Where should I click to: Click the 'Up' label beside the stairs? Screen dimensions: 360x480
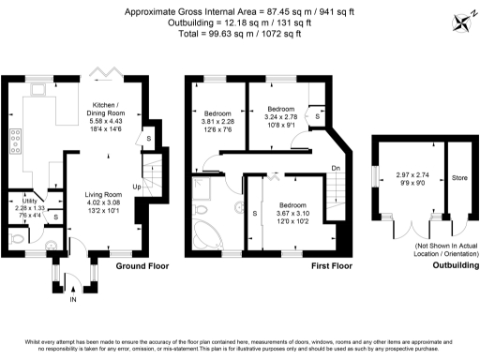(137, 186)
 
